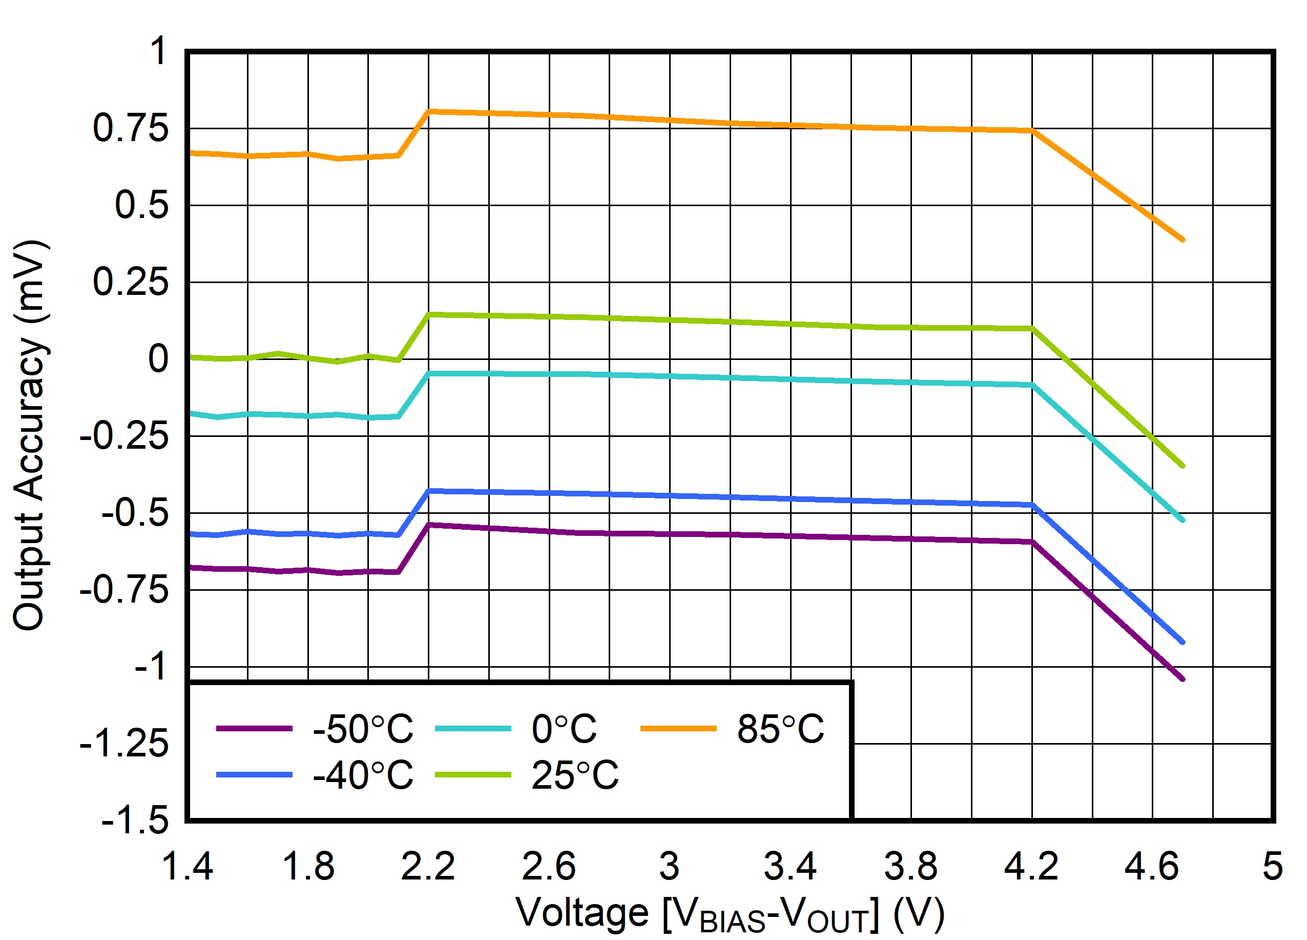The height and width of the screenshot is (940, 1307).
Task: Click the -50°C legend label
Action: (x=362, y=729)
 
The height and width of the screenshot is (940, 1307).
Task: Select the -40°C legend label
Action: (x=362, y=775)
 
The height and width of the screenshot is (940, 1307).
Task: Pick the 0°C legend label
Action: (x=564, y=729)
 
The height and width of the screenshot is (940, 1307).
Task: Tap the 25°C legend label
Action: (x=574, y=775)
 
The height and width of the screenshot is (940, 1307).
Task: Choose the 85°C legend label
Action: (x=780, y=729)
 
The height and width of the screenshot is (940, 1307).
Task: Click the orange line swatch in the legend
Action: (x=678, y=729)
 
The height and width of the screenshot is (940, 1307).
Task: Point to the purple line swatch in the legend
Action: (x=254, y=729)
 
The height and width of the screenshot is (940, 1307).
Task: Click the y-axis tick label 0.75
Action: (x=131, y=128)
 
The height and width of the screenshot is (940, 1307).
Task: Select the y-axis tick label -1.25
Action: (x=124, y=744)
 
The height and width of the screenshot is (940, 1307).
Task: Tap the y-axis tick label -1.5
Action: (x=135, y=820)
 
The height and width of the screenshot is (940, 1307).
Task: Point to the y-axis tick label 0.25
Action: (x=131, y=282)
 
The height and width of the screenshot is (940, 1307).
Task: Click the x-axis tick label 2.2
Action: (x=428, y=866)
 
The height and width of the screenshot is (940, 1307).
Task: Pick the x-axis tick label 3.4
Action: (x=790, y=866)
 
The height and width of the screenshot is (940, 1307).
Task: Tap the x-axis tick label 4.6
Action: (x=1152, y=866)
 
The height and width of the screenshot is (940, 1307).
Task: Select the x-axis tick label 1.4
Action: (x=188, y=866)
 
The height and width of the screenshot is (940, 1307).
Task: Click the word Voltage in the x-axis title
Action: (x=582, y=913)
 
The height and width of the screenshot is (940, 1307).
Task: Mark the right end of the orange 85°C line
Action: (x=1182, y=239)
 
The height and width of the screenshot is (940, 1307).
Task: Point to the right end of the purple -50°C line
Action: (x=1182, y=679)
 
